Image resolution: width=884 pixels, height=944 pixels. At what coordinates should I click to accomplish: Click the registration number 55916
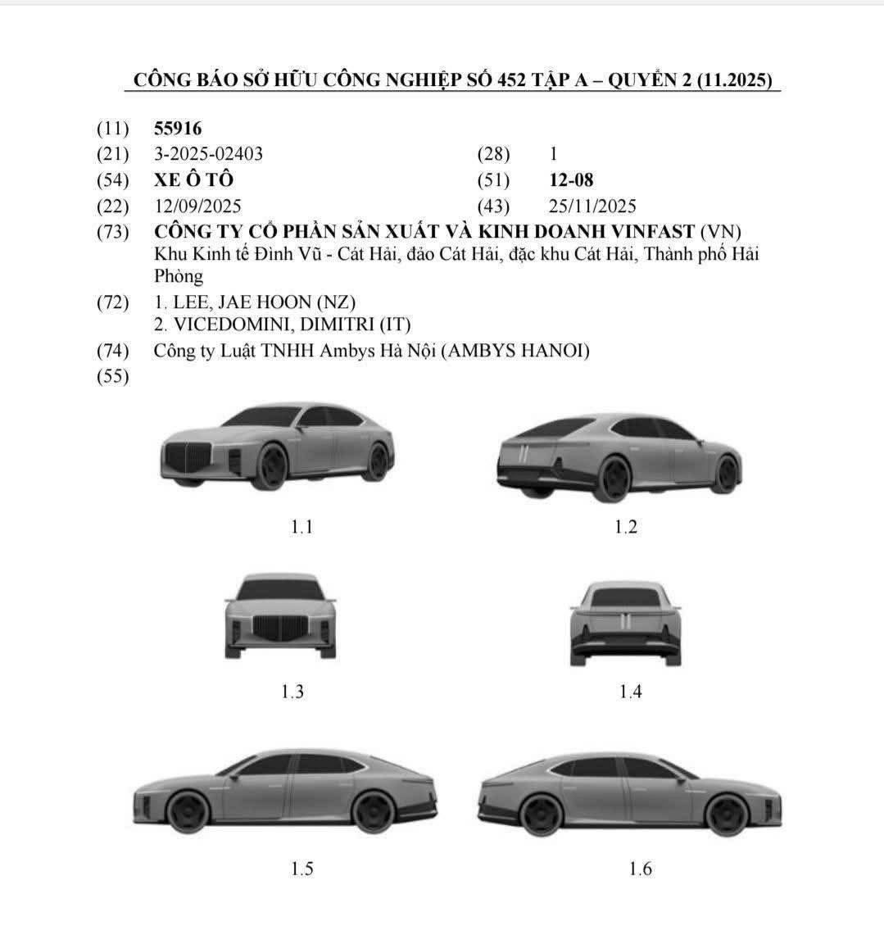click(178, 128)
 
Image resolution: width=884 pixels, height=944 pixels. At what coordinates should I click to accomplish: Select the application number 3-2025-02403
click(208, 154)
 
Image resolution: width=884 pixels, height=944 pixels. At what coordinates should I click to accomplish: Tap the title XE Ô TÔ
click(194, 179)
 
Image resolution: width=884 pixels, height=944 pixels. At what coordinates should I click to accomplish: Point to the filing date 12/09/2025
click(197, 206)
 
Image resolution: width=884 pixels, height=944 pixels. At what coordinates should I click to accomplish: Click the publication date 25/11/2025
click(592, 206)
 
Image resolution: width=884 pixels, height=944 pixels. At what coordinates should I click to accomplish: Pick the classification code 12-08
click(571, 180)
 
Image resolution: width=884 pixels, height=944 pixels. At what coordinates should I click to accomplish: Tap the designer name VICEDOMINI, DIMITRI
click(274, 324)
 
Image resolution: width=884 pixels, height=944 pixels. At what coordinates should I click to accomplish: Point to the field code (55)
click(112, 376)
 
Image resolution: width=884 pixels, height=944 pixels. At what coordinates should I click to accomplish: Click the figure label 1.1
click(301, 527)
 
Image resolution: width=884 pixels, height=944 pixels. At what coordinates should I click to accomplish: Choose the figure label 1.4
click(630, 691)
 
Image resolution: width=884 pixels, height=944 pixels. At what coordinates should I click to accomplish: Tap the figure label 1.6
click(641, 868)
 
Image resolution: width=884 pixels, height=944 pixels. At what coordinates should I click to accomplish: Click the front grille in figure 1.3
click(281, 628)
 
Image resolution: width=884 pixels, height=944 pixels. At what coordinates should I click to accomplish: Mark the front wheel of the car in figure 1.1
click(272, 466)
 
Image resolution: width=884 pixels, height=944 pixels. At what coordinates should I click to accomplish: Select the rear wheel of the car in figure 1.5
click(373, 812)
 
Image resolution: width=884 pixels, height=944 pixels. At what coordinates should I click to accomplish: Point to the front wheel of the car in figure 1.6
click(728, 815)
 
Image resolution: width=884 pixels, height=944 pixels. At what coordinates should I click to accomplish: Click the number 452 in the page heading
click(511, 80)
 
